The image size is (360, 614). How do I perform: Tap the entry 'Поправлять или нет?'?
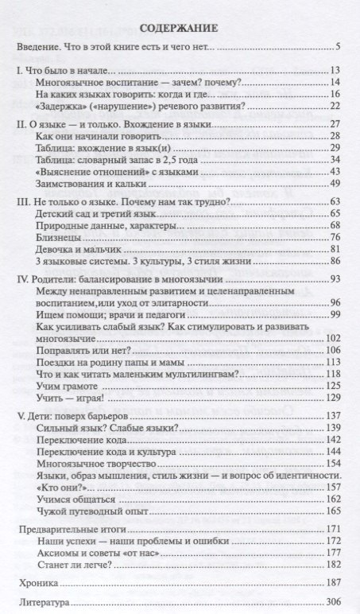pyautogui.click(x=83, y=350)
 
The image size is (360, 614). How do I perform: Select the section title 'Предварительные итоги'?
pyautogui.click(x=70, y=529)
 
